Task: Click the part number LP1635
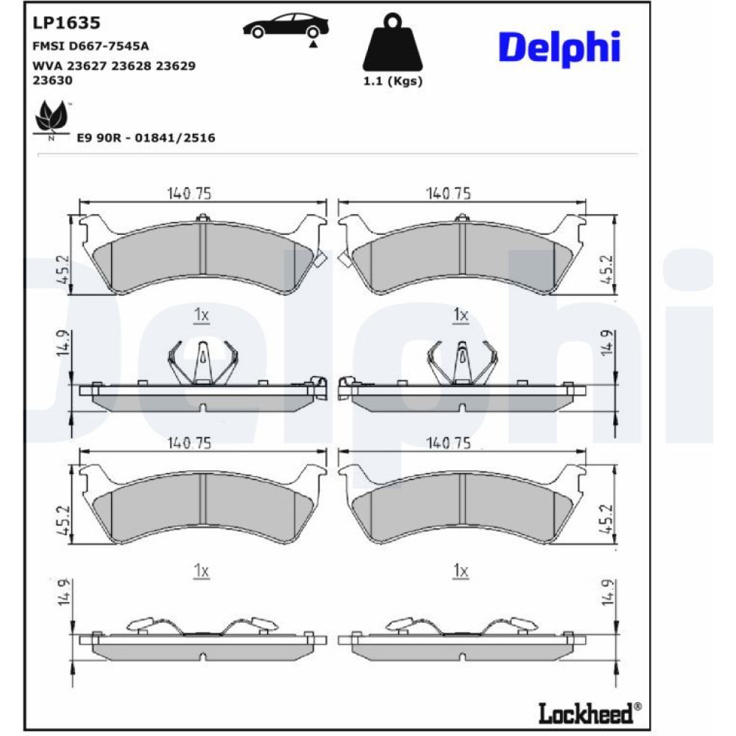pyautogui.click(x=66, y=23)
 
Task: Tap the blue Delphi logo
pyautogui.click(x=559, y=49)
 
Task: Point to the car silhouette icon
pyautogui.click(x=286, y=28)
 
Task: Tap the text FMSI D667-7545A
pyautogui.click(x=91, y=46)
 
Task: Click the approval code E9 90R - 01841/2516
pyautogui.click(x=146, y=138)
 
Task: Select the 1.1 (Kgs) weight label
pyautogui.click(x=393, y=81)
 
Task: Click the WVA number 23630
pyautogui.click(x=52, y=80)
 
